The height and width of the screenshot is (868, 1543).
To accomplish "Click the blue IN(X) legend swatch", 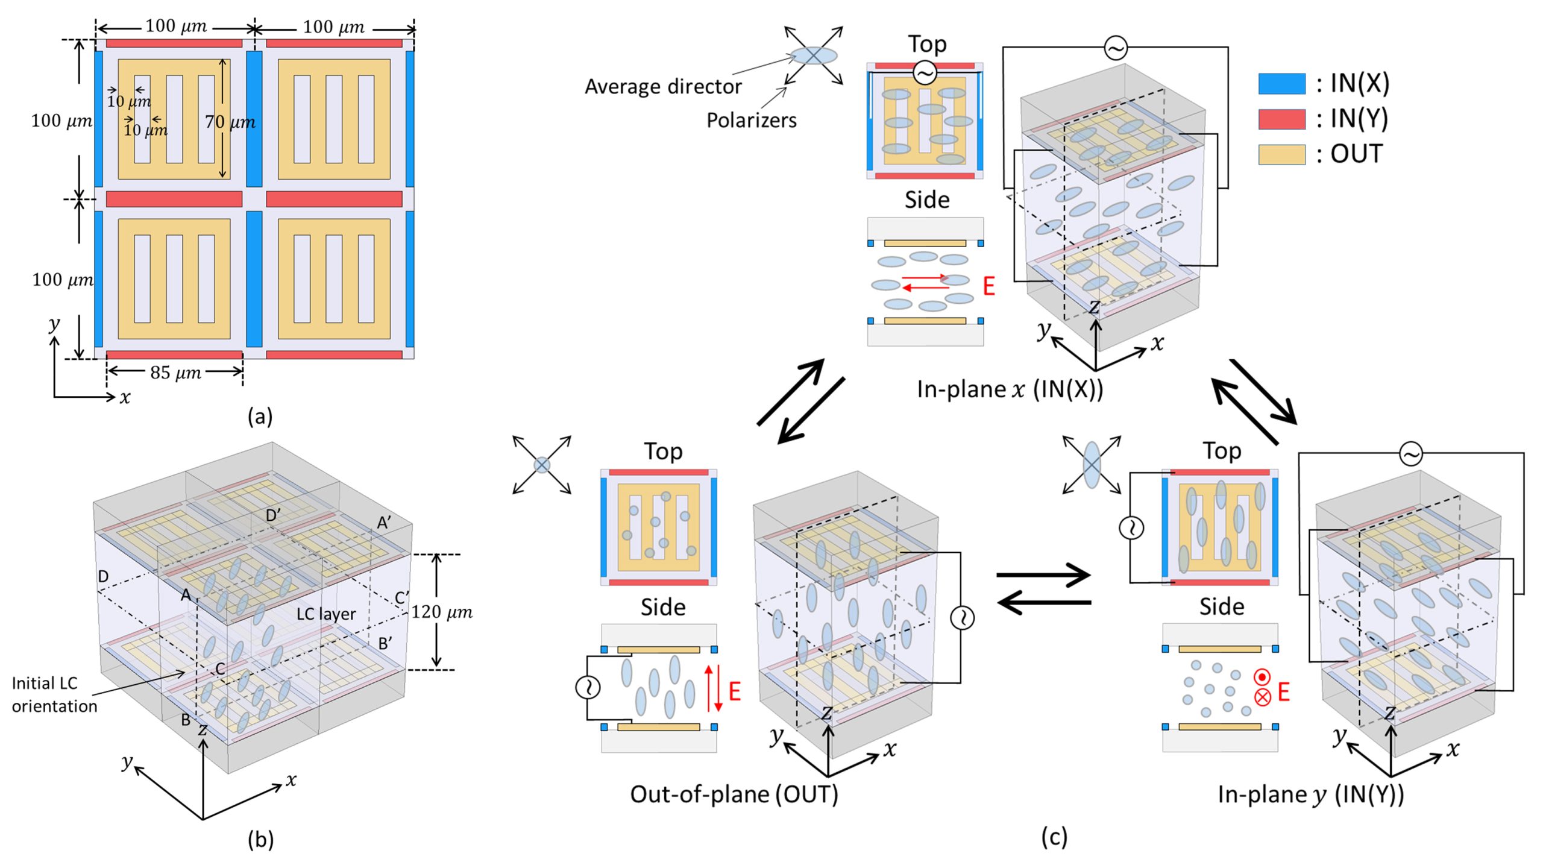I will [1281, 84].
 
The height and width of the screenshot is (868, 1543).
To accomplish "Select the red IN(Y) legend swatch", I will [1281, 119].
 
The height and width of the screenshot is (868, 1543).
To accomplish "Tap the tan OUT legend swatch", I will [1281, 154].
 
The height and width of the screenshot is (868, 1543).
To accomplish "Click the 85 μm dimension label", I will [175, 373].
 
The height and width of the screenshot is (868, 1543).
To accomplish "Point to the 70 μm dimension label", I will [230, 122].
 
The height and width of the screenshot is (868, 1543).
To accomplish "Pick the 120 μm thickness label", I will [442, 612].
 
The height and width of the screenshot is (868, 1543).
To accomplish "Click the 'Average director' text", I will [663, 87].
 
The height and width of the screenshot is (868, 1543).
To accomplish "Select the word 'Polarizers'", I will [751, 121].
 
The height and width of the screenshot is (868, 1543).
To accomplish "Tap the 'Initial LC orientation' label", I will [54, 694].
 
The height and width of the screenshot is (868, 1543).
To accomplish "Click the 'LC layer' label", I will [326, 614].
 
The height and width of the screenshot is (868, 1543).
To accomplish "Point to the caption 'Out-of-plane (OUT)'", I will [734, 794].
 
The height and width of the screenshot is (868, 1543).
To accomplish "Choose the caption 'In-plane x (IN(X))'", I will [1010, 389].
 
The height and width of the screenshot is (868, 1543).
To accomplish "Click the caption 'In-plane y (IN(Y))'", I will [1311, 794].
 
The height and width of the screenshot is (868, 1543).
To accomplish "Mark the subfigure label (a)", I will [260, 417].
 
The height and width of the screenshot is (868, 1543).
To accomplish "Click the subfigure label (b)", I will [260, 839].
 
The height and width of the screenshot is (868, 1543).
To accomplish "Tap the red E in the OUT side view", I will [734, 691].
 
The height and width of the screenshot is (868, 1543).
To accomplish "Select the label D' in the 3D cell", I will [273, 515].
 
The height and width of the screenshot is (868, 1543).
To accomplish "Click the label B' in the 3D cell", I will [386, 644].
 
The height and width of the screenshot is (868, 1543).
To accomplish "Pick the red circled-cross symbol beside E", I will [1262, 697].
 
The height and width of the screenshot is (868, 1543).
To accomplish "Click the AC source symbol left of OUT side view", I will [588, 687].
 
